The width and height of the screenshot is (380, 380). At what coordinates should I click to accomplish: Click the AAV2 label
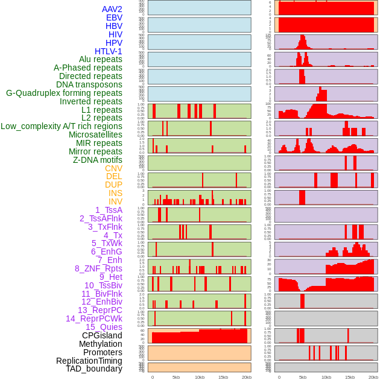click(112, 9)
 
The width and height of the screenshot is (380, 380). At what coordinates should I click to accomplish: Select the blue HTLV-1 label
click(108, 51)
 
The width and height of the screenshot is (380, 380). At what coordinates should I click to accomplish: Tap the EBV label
click(113, 17)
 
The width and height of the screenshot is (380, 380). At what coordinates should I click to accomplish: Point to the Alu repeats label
click(100, 59)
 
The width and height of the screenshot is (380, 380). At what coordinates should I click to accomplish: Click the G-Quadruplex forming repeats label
click(64, 93)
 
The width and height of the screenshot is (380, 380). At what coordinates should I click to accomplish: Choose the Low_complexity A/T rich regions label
click(61, 126)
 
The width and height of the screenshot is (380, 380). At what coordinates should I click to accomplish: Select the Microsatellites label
click(95, 135)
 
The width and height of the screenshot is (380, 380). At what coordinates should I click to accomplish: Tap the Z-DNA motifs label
click(97, 160)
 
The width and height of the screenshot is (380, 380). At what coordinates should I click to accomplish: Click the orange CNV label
click(113, 168)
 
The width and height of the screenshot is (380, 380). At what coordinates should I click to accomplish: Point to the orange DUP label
click(113, 185)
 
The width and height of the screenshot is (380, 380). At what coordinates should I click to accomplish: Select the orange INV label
click(115, 201)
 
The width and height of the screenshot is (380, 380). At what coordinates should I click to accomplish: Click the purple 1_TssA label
click(109, 210)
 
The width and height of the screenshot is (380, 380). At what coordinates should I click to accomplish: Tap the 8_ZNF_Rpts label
click(98, 268)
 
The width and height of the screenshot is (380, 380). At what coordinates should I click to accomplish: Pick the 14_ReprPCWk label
click(93, 318)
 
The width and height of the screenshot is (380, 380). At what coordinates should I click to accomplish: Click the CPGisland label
click(102, 335)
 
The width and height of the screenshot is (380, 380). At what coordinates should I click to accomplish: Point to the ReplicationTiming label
click(89, 361)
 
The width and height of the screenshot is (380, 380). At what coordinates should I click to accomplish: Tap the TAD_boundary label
click(93, 369)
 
